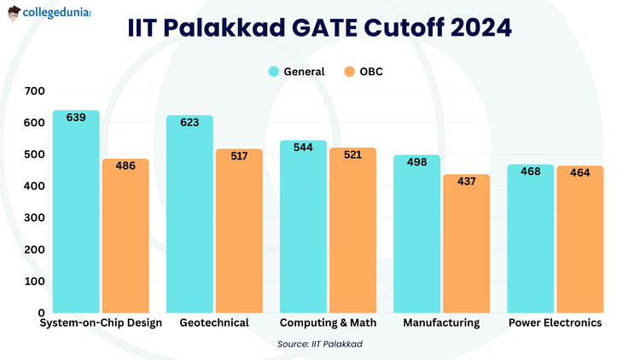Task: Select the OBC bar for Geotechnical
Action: pos(239,230)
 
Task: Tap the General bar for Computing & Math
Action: pos(303,226)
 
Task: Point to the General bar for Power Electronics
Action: pos(530,239)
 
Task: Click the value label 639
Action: pos(76,118)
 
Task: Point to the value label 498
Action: pos(416,162)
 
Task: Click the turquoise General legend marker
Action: pos(275,72)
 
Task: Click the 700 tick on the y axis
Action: pos(35,91)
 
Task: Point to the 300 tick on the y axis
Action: pos(35,218)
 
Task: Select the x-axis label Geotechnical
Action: pos(214,323)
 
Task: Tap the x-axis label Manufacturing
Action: pos(441,323)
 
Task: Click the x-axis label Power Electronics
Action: pos(555,323)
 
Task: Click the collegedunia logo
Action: pos(49,15)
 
